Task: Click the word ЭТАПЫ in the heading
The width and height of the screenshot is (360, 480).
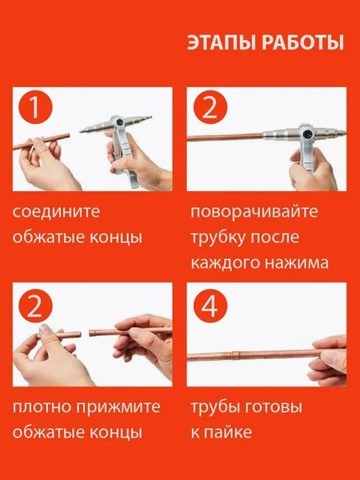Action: [222, 42]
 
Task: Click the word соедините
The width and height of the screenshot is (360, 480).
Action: [56, 212]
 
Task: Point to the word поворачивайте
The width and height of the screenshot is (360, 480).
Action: [254, 212]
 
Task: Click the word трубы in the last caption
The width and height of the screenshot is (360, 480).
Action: [214, 407]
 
